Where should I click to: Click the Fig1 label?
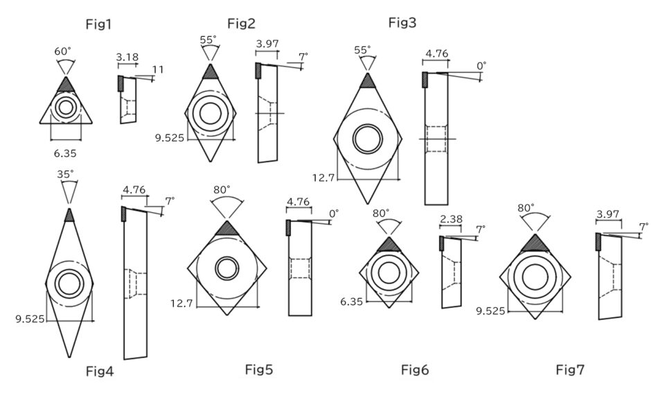(98, 25)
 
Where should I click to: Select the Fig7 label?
(570, 370)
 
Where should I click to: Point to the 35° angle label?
(66, 174)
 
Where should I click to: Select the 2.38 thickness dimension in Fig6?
(451, 220)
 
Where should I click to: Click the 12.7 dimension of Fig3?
(323, 178)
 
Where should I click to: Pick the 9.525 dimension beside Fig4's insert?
(29, 318)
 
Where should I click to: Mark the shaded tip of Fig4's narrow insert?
(69, 215)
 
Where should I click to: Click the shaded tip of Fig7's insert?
(535, 243)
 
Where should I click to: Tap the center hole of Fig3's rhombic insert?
(368, 139)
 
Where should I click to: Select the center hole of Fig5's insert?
(226, 267)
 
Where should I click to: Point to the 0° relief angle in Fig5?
(334, 214)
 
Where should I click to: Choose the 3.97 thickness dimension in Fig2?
(267, 44)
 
